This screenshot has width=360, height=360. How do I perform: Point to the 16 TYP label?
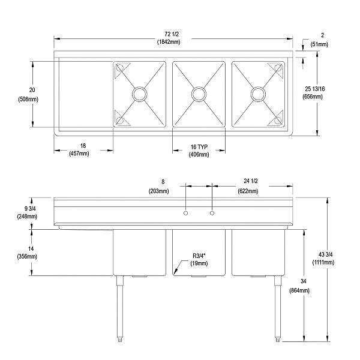point(199,146)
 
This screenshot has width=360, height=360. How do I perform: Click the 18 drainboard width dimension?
point(83,146)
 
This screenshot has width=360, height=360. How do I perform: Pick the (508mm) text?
point(28,99)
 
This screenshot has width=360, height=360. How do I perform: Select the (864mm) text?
point(298,290)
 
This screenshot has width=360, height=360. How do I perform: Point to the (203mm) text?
point(159,191)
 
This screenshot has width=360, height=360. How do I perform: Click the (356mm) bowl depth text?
point(28,257)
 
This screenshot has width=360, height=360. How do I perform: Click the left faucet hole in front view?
point(186,213)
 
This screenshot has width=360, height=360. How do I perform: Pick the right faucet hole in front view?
point(212,213)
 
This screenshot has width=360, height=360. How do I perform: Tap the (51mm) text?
point(320,44)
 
